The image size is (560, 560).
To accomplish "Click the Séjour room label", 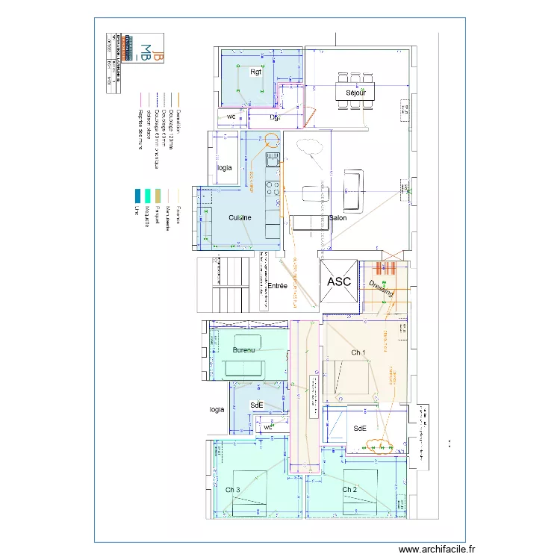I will click(x=355, y=93).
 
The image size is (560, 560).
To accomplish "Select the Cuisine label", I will click(x=240, y=217).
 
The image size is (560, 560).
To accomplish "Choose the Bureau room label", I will click(x=243, y=349).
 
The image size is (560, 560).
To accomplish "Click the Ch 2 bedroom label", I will click(x=349, y=490).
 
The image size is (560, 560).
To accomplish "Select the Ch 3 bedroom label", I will click(x=233, y=490).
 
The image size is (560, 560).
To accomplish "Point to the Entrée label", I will click(x=278, y=286).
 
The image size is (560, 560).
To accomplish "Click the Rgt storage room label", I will click(x=256, y=72).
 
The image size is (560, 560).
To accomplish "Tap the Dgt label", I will click(x=275, y=117).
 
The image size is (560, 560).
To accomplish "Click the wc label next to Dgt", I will click(x=231, y=117).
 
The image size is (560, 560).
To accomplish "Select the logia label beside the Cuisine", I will click(x=225, y=168).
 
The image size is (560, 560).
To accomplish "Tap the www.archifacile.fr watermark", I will click(x=436, y=548).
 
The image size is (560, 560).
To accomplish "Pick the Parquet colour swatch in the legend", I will click(x=158, y=195).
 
